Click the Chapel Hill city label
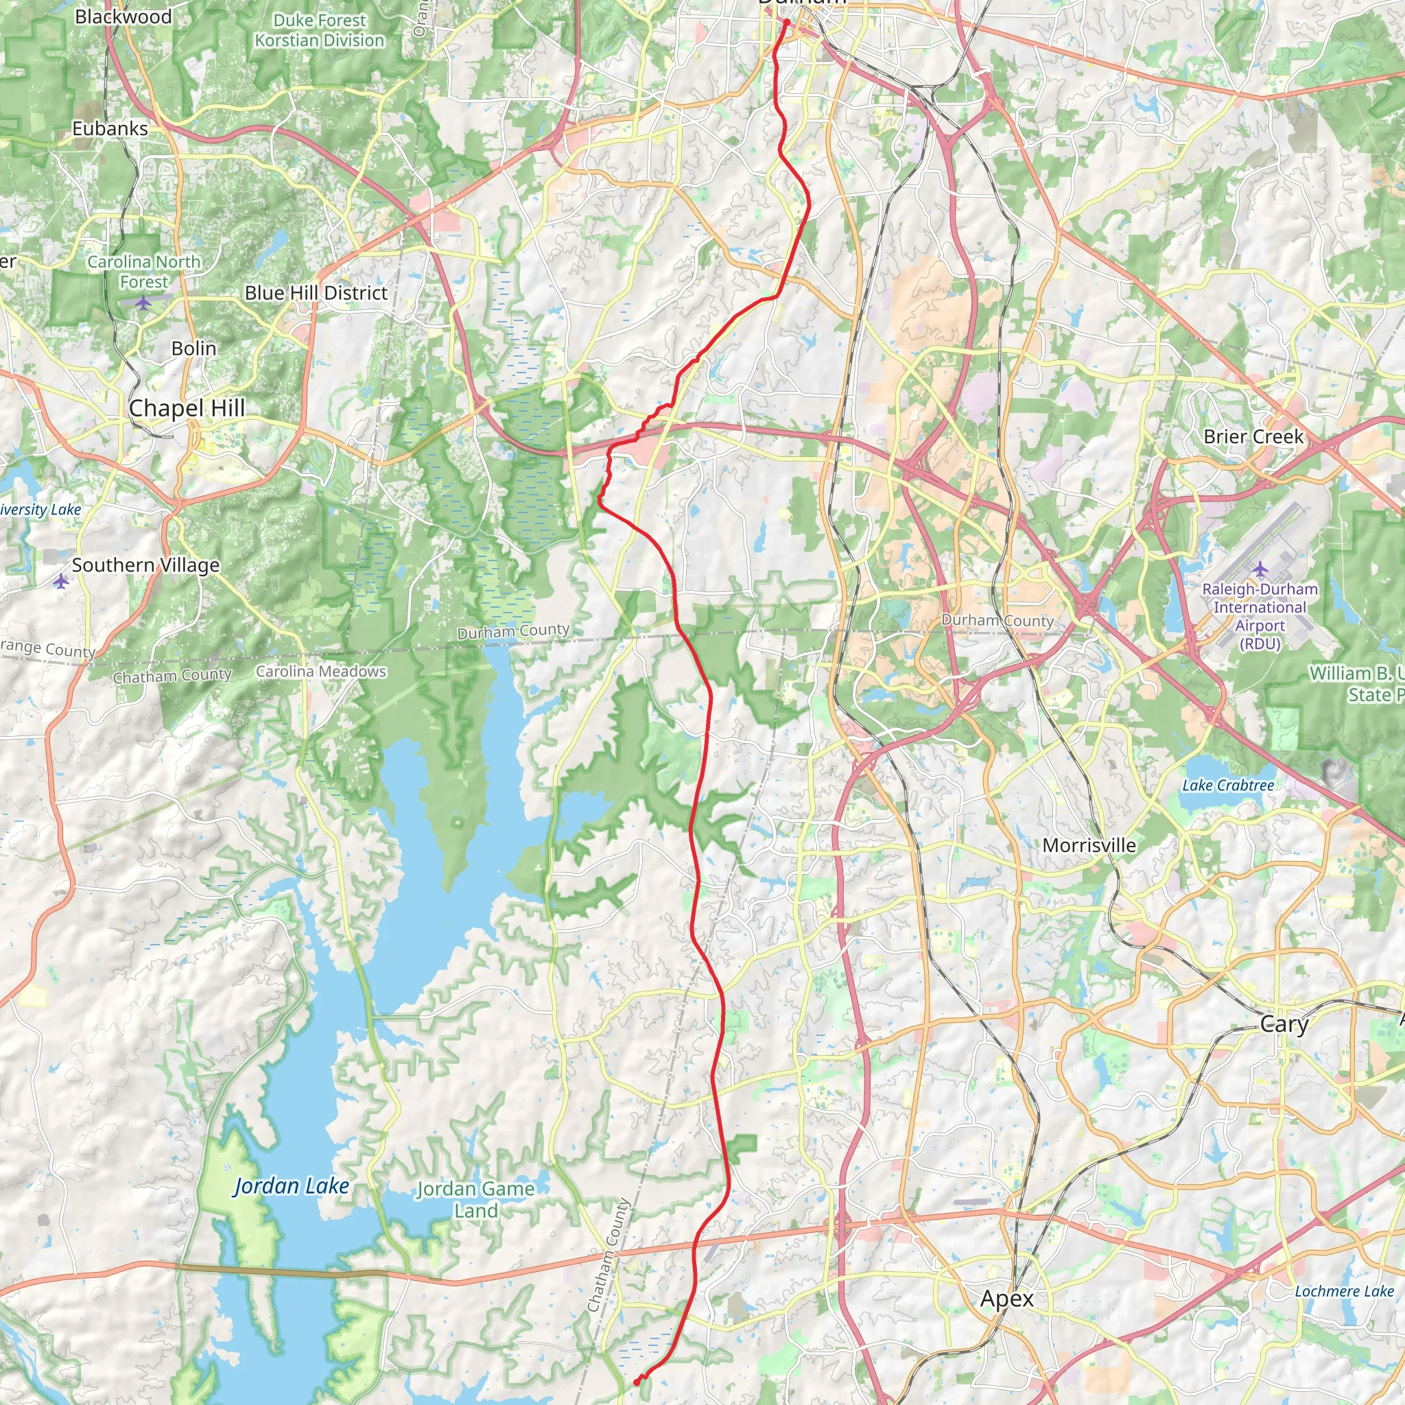point(187,409)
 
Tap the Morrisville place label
point(1089,845)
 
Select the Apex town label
point(1006,1298)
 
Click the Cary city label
point(1284,1025)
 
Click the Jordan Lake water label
point(291,1186)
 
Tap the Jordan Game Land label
point(475,1199)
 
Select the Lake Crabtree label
point(1227,786)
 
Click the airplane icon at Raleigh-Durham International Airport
point(1260,568)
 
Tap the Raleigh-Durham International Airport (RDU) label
point(1260,616)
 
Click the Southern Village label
point(145,565)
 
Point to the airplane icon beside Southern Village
point(61,581)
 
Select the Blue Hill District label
point(316,293)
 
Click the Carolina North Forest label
point(144,271)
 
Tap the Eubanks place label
point(110,129)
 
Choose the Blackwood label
point(123,16)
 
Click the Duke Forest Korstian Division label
point(319,31)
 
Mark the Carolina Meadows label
point(320,671)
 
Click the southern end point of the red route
point(637,1381)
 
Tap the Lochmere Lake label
point(1344,1291)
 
